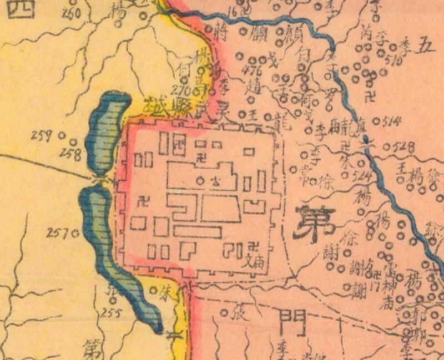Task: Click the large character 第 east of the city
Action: [x=313, y=224]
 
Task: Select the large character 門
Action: [x=289, y=321]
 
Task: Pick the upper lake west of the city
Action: [x=111, y=133]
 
